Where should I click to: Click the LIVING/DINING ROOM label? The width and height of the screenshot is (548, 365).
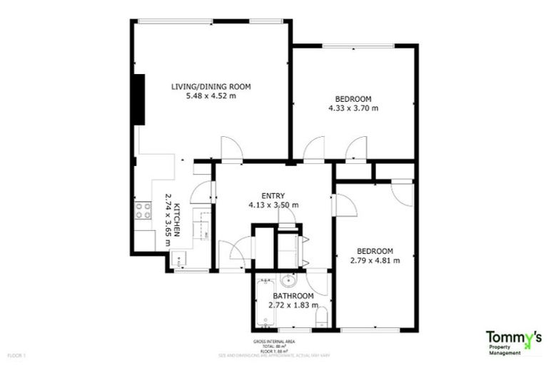(x=210, y=87)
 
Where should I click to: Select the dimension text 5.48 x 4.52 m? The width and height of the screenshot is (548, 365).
(x=210, y=96)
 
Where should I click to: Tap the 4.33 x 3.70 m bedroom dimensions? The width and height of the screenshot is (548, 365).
(x=353, y=108)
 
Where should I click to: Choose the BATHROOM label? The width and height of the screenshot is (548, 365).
(x=293, y=296)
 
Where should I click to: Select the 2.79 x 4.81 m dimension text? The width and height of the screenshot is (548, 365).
(x=375, y=260)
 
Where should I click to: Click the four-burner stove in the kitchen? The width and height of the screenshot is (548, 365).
(x=143, y=210)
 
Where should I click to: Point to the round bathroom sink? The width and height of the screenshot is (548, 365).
(x=288, y=279)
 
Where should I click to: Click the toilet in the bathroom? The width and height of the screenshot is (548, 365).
(x=320, y=317)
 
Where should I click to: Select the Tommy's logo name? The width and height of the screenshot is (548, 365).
(x=513, y=336)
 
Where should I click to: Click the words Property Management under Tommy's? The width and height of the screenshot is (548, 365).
(x=508, y=348)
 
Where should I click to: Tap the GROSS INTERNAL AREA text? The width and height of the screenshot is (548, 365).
(x=270, y=342)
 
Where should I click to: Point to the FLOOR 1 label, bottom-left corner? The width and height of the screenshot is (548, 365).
(x=16, y=354)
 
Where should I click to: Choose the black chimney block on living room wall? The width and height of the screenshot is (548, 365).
(x=140, y=101)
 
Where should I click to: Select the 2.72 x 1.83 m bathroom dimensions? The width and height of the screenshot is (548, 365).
(x=292, y=305)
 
